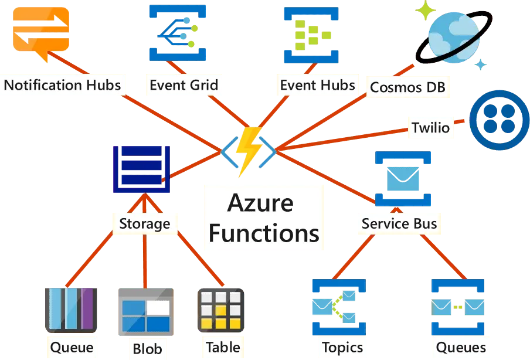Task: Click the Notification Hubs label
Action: (x=62, y=85)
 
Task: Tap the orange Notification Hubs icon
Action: (x=40, y=29)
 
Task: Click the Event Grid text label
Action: (x=184, y=85)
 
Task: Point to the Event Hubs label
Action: (x=317, y=85)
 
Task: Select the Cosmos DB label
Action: (x=407, y=88)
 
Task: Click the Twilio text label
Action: (x=431, y=128)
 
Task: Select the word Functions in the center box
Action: (x=264, y=233)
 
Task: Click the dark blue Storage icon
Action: (x=141, y=169)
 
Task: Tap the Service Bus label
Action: (x=399, y=223)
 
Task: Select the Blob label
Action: (x=147, y=349)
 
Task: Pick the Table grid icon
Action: (x=220, y=310)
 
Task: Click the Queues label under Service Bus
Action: (x=461, y=347)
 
